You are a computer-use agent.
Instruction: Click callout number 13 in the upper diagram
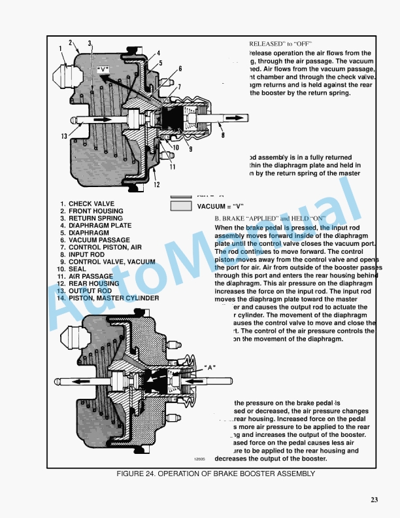point(64,136)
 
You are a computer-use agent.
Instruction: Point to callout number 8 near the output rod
point(223,135)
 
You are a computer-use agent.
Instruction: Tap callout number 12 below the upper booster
point(157,184)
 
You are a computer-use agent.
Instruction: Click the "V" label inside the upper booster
point(103,69)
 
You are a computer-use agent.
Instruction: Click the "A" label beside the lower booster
point(210,367)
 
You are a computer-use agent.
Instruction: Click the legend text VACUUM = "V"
point(220,207)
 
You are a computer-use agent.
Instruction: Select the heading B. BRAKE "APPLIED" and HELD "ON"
point(270,218)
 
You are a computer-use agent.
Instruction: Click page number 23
point(374,500)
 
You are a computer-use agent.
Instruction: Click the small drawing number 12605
point(199,459)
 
